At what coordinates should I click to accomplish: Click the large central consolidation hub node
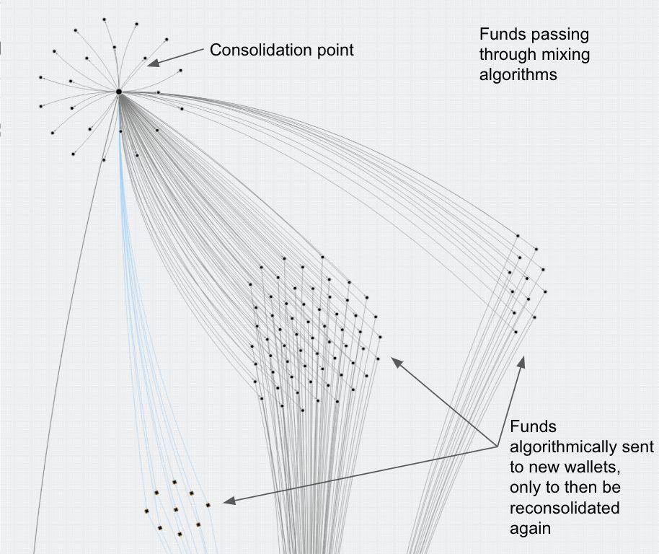coord(119,92)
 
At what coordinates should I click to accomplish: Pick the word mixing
coord(565,54)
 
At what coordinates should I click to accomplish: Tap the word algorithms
coord(518,74)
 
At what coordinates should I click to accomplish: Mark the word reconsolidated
coord(565,508)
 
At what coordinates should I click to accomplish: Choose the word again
coord(530,528)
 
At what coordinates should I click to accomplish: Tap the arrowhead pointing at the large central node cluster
coord(395,361)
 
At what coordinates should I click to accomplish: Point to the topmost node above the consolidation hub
coord(104,19)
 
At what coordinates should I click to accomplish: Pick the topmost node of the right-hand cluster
coord(518,235)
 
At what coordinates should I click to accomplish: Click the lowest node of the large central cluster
coord(303,410)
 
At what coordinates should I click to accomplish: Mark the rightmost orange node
coord(208,505)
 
